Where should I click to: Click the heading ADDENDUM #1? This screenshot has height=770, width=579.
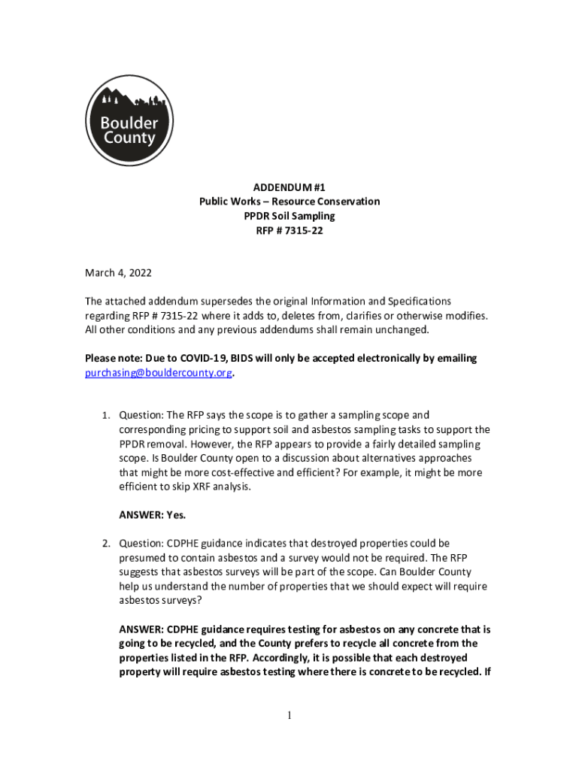(x=289, y=187)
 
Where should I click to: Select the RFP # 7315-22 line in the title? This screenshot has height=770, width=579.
(x=289, y=231)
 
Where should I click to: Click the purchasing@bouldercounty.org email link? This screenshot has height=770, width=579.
(x=158, y=373)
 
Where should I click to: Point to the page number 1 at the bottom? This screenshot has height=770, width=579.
(x=289, y=716)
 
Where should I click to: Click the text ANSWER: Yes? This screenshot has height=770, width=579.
(x=153, y=515)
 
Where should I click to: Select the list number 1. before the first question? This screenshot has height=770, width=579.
(x=106, y=415)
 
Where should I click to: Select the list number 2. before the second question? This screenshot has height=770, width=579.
(x=106, y=543)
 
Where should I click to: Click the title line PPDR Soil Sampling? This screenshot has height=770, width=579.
(x=289, y=217)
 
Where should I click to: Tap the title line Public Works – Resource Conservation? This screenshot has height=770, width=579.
(x=289, y=202)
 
